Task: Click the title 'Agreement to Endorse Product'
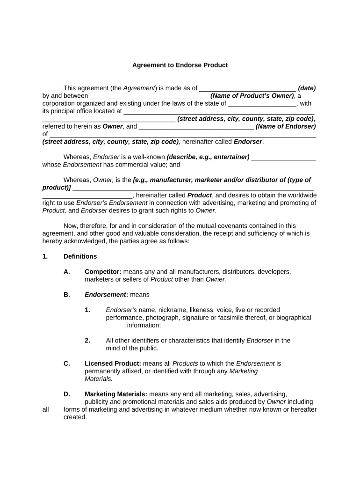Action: pyautogui.click(x=180, y=65)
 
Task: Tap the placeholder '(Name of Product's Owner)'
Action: pyautogui.click(x=252, y=96)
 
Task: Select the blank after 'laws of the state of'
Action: pyautogui.click(x=262, y=104)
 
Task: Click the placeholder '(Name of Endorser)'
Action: pyautogui.click(x=286, y=126)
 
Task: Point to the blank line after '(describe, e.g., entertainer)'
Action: pyautogui.click(x=284, y=157)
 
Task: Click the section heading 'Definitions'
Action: pyautogui.click(x=80, y=256)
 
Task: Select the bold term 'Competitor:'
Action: pyautogui.click(x=103, y=272)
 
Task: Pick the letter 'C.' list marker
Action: pyautogui.click(x=67, y=363)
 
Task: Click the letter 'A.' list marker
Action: pyautogui.click(x=67, y=272)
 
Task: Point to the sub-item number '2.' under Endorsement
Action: pyautogui.click(x=87, y=341)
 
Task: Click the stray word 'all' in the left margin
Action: pyautogui.click(x=45, y=410)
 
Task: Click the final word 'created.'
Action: pyautogui.click(x=75, y=417)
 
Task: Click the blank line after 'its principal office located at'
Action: pyautogui.click(x=218, y=111)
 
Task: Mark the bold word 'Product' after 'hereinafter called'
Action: pyautogui.click(x=200, y=196)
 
